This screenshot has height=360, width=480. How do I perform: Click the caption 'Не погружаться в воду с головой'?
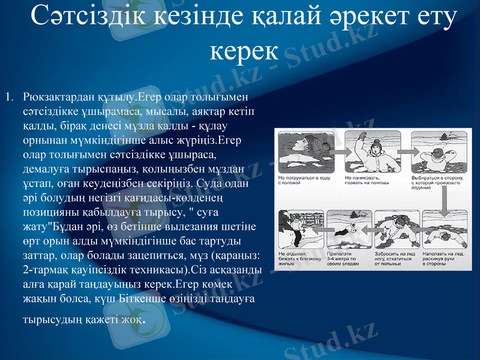(304, 181)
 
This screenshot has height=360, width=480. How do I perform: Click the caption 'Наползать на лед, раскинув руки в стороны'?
(445, 259)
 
